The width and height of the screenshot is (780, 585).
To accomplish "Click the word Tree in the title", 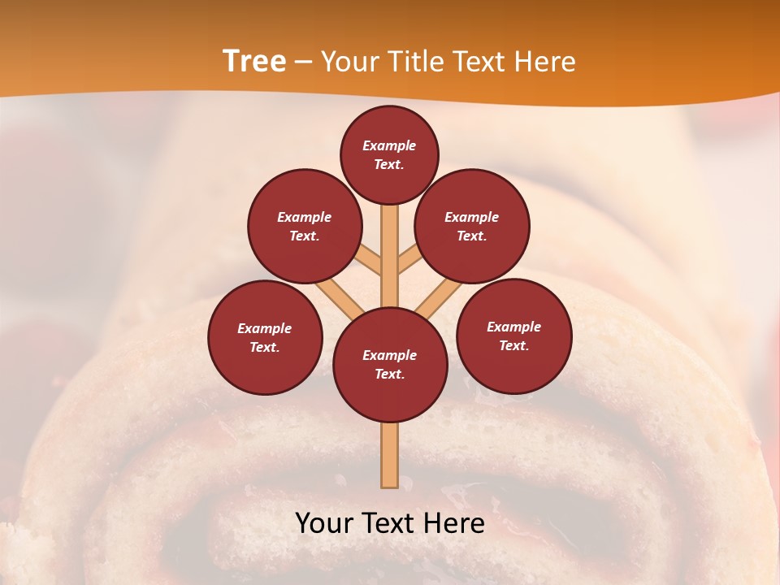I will tap(254, 61).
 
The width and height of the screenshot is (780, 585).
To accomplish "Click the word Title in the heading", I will tap(413, 61).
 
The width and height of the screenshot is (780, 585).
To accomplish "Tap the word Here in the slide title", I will tap(544, 61).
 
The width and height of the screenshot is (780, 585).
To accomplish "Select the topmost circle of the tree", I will tap(389, 154).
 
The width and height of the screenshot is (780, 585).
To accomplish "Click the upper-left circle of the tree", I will tap(305, 226).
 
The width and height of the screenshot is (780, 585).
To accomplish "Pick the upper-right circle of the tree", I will tap(472, 226).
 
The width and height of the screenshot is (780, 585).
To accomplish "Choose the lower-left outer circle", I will tap(265, 337).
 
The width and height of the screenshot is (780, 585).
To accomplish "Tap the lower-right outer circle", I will tap(514, 336).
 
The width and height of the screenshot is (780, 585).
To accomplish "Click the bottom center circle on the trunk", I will tap(390, 365).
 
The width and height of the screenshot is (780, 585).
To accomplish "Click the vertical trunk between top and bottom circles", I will tap(390, 256).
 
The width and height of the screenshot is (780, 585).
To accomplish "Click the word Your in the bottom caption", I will tap(323, 523).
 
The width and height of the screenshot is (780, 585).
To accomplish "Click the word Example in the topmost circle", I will tap(389, 145).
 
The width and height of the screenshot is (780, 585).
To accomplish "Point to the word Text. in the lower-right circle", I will tap(514, 345).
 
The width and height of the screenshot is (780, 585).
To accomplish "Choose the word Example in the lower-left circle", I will tap(265, 328).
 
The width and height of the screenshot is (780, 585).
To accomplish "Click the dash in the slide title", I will tap(303, 62).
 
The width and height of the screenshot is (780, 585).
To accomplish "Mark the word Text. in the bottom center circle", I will tap(389, 374).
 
